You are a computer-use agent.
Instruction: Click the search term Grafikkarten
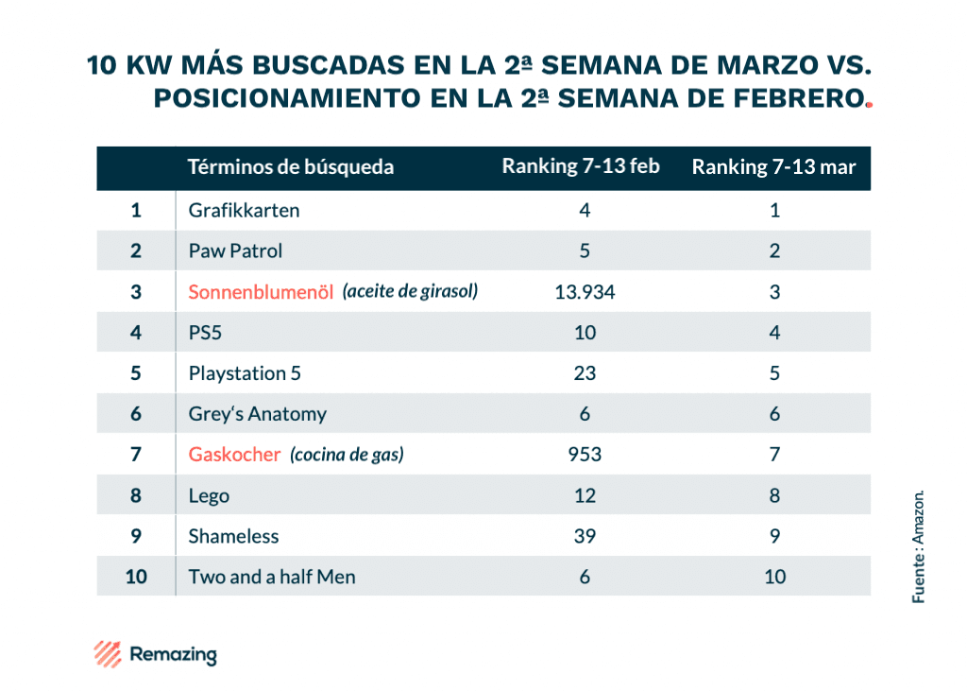click(244, 210)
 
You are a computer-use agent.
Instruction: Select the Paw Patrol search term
click(235, 250)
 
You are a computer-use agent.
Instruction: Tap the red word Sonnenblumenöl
click(262, 292)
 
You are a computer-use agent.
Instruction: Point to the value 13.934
click(585, 292)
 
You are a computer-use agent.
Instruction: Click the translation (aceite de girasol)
click(410, 291)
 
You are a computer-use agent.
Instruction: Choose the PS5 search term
click(206, 333)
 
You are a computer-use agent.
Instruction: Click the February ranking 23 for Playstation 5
click(585, 373)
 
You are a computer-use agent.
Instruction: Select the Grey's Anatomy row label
click(257, 414)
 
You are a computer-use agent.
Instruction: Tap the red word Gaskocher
click(234, 455)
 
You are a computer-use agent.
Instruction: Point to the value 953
click(585, 455)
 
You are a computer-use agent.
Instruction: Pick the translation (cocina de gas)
click(347, 455)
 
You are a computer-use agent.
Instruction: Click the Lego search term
click(209, 495)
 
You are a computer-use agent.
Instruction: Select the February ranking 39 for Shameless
click(585, 536)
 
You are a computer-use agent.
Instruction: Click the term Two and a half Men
click(272, 577)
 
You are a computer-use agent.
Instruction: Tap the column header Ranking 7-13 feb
click(581, 166)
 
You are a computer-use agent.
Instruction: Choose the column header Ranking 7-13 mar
click(773, 167)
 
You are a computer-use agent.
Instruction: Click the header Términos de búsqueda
click(291, 167)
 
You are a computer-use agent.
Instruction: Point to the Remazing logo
click(155, 653)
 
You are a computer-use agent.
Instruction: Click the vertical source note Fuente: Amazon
click(918, 546)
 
